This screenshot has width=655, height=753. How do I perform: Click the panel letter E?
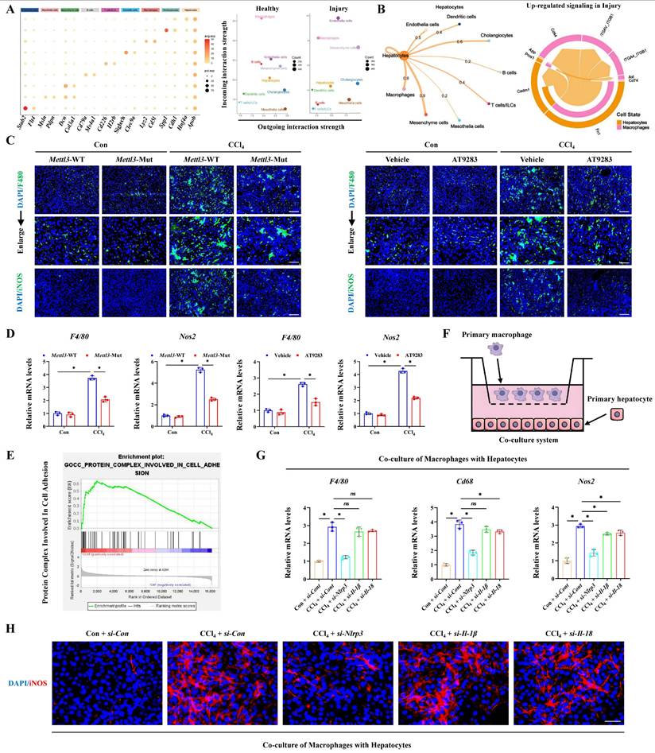[x=8, y=455]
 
